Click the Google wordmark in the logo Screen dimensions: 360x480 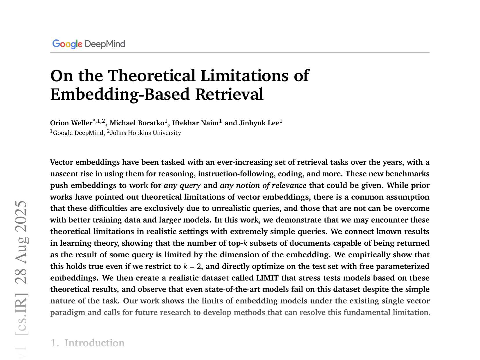pyautogui.click(x=67, y=44)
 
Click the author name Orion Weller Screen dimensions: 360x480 pyautogui.click(x=71, y=123)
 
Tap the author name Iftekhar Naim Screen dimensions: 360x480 pyautogui.click(x=195, y=123)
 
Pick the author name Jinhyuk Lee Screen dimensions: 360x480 pyautogui.click(x=259, y=123)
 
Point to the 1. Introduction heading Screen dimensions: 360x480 pyautogui.click(x=88, y=343)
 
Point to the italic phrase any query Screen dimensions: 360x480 pyautogui.click(x=182, y=185)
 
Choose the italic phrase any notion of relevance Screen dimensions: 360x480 pyautogui.click(x=263, y=185)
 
